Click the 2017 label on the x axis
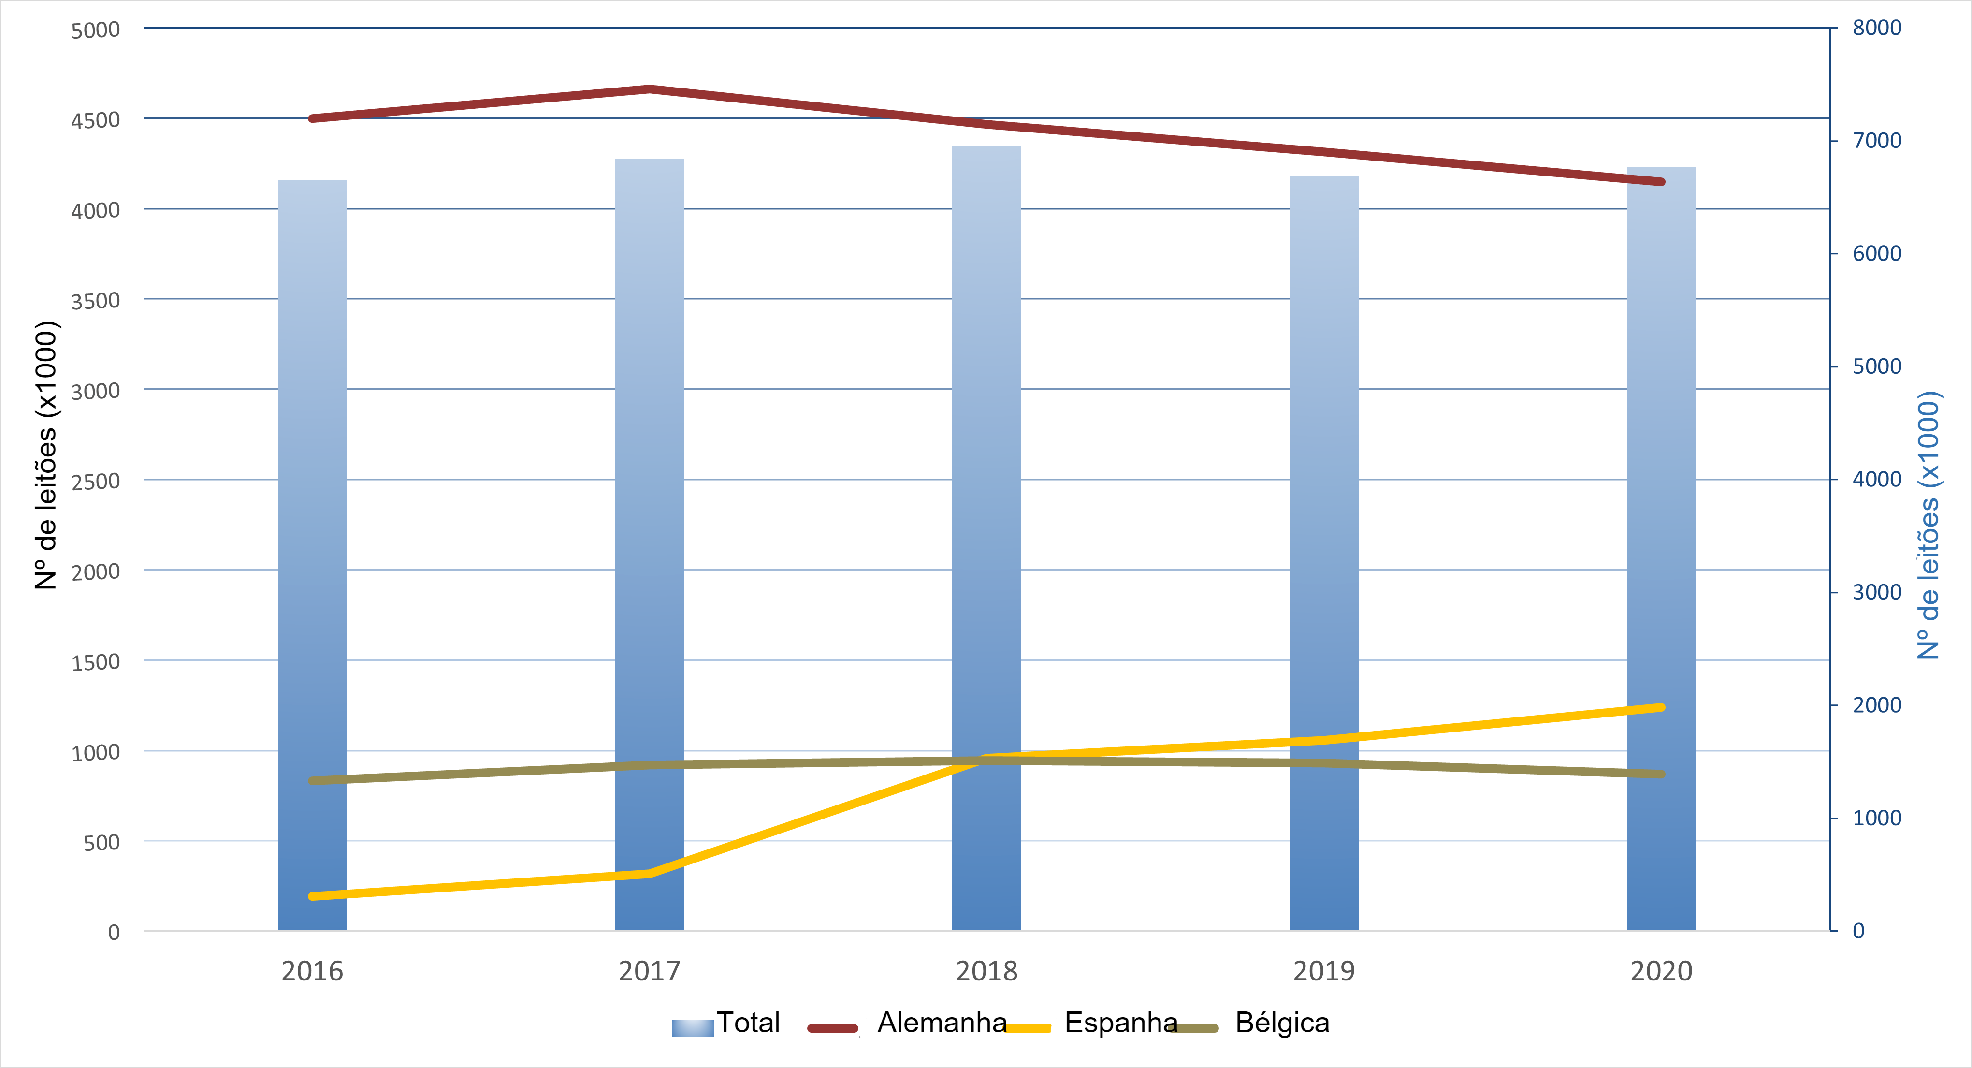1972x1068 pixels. pyautogui.click(x=649, y=971)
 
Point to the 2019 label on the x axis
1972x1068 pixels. pyautogui.click(x=1323, y=971)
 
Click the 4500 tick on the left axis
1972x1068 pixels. pyautogui.click(x=96, y=120)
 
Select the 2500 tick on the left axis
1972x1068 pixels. pyautogui.click(x=96, y=482)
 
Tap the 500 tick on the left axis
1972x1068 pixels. pyautogui.click(x=102, y=843)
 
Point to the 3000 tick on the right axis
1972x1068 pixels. pyautogui.click(x=1876, y=593)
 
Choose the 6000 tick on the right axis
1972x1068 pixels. pyautogui.click(x=1876, y=253)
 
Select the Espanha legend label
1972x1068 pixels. pyautogui.click(x=1121, y=1023)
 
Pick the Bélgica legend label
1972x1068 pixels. pyautogui.click(x=1282, y=1023)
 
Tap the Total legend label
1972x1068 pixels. pyautogui.click(x=748, y=1023)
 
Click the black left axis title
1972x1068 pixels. pyautogui.click(x=46, y=455)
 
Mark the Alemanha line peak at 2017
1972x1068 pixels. pyautogui.click(x=649, y=89)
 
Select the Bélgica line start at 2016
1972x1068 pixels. pyautogui.click(x=312, y=781)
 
